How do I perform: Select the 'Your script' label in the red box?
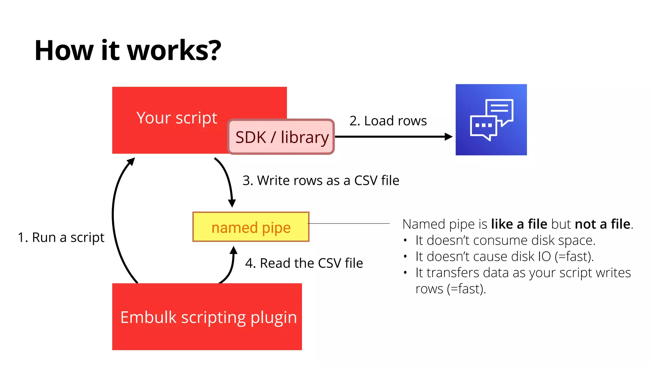177,118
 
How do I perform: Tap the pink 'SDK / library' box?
281,137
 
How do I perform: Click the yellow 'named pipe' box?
251,227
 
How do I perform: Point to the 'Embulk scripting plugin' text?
209,317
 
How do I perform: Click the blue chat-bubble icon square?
491,120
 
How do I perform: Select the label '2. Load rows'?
388,121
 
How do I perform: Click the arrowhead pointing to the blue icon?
449,137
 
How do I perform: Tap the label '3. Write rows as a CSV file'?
321,180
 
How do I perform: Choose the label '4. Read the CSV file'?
304,263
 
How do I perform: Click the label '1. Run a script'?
61,237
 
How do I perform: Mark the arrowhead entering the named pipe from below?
234,250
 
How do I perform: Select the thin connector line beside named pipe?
349,224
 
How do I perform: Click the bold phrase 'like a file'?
519,224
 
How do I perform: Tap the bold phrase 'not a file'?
602,224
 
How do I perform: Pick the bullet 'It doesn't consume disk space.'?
505,240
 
